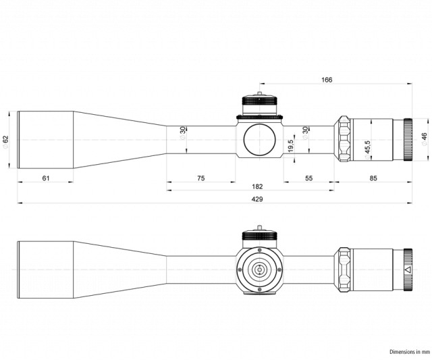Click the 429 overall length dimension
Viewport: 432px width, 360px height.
pyautogui.click(x=257, y=199)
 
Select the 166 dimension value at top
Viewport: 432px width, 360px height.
pyautogui.click(x=327, y=80)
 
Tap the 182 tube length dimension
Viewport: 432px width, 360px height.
pyautogui.click(x=257, y=186)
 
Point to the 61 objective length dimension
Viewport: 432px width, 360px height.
pyautogui.click(x=46, y=178)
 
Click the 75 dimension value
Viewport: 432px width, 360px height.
pyautogui.click(x=201, y=178)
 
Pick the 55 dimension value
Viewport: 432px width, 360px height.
pyautogui.click(x=309, y=178)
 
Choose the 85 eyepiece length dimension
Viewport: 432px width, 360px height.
pyautogui.click(x=373, y=178)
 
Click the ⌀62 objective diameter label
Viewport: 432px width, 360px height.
pyautogui.click(x=5, y=142)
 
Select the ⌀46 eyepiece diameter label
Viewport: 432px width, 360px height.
pyautogui.click(x=425, y=139)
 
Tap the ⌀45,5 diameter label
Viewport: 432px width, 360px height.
pyautogui.click(x=367, y=150)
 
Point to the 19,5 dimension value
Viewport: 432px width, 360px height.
pyautogui.click(x=290, y=145)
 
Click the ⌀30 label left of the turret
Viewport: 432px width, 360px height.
pyautogui.click(x=183, y=134)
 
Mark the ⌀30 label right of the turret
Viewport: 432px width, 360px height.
pyautogui.click(x=305, y=134)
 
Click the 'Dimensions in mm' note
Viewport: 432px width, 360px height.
pyautogui.click(x=410, y=352)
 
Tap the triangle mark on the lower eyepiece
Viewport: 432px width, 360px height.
pyautogui.click(x=408, y=270)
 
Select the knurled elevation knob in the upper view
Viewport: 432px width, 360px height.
pyautogui.click(x=259, y=101)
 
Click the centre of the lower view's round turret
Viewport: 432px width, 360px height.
pyautogui.click(x=259, y=270)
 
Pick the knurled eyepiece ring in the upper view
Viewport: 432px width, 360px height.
pyautogui.click(x=408, y=140)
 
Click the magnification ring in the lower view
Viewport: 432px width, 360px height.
pyautogui.click(x=344, y=270)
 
